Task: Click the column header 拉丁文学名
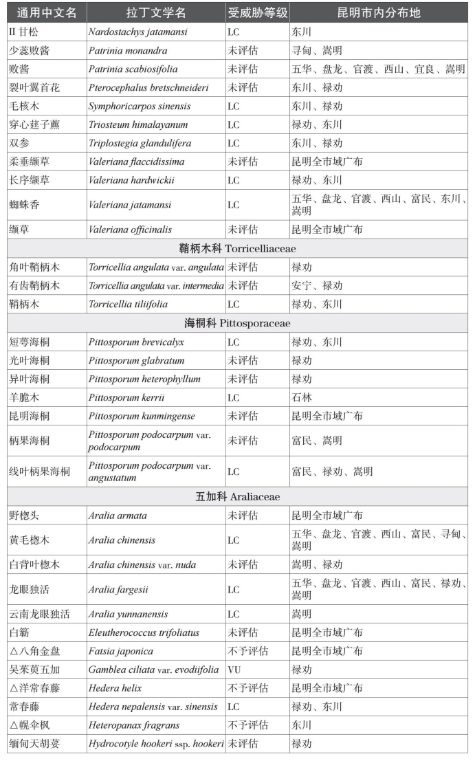coord(155,13)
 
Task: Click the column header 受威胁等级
coord(257,13)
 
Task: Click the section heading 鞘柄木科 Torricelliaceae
coord(237,248)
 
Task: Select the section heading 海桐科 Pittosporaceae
coord(237,323)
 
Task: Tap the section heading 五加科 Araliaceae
coord(237,496)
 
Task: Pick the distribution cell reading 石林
coord(302,397)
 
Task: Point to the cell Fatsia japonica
coord(120,651)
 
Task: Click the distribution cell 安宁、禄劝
coord(317,285)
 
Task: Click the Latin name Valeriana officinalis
coord(130,230)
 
